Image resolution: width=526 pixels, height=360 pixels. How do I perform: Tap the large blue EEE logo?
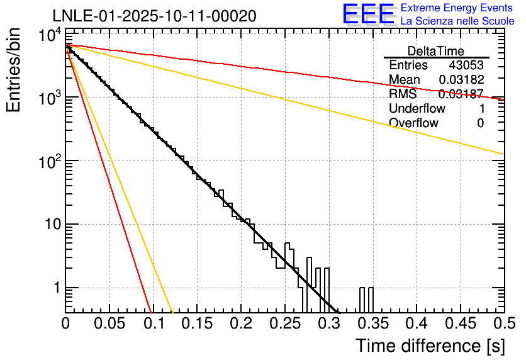click(367, 14)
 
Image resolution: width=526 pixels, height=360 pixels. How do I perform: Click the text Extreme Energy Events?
click(457, 8)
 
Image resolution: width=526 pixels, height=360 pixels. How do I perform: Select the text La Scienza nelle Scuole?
click(457, 21)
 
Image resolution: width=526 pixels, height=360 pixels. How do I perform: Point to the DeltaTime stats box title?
click(436, 51)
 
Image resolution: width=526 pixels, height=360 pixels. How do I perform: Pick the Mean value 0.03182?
click(461, 80)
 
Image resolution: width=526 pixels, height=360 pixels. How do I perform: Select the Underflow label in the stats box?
click(417, 108)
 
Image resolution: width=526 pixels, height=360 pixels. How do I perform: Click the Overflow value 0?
click(480, 123)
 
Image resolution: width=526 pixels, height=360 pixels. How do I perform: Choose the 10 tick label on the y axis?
click(48, 225)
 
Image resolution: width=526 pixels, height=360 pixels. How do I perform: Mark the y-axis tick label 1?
click(54, 288)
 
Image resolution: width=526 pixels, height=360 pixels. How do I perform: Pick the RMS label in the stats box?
click(402, 94)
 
